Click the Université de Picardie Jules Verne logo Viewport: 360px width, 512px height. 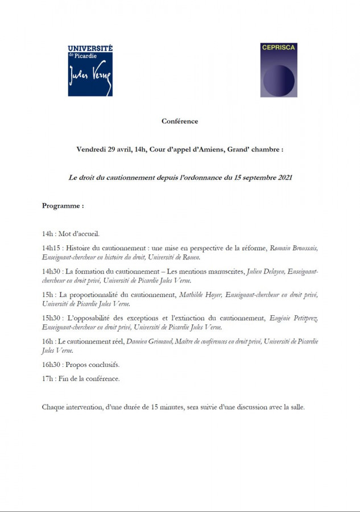pyautogui.click(x=90, y=71)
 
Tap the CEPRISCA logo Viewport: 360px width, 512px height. pyautogui.click(x=279, y=70)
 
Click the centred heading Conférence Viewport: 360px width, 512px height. pyautogui.click(x=180, y=121)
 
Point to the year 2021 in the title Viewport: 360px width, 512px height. pyautogui.click(x=285, y=178)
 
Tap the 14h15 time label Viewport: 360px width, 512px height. pyautogui.click(x=51, y=249)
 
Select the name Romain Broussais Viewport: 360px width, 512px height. pyautogui.click(x=293, y=249)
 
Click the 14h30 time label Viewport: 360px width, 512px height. pyautogui.click(x=51, y=272)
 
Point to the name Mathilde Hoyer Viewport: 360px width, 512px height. pyautogui.click(x=199, y=295)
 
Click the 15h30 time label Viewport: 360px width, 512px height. pyautogui.click(x=51, y=318)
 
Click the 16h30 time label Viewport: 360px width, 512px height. pyautogui.click(x=51, y=364)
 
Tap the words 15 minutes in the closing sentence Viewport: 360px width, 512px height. pyautogui.click(x=153, y=407)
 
